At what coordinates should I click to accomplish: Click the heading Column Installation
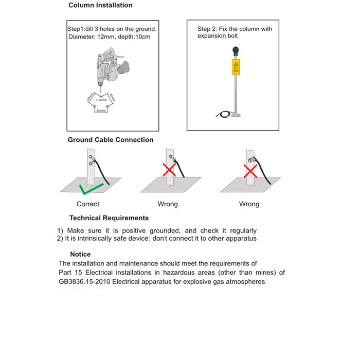click(x=100, y=6)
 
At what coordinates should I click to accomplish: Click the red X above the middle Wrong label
click(x=169, y=170)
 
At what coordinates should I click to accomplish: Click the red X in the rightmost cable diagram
click(x=250, y=170)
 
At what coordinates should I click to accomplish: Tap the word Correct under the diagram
click(x=88, y=204)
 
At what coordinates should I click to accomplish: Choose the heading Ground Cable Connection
click(x=111, y=140)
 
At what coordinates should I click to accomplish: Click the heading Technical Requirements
click(x=109, y=218)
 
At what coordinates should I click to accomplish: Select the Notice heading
click(x=80, y=254)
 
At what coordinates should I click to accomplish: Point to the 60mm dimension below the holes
click(x=101, y=111)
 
